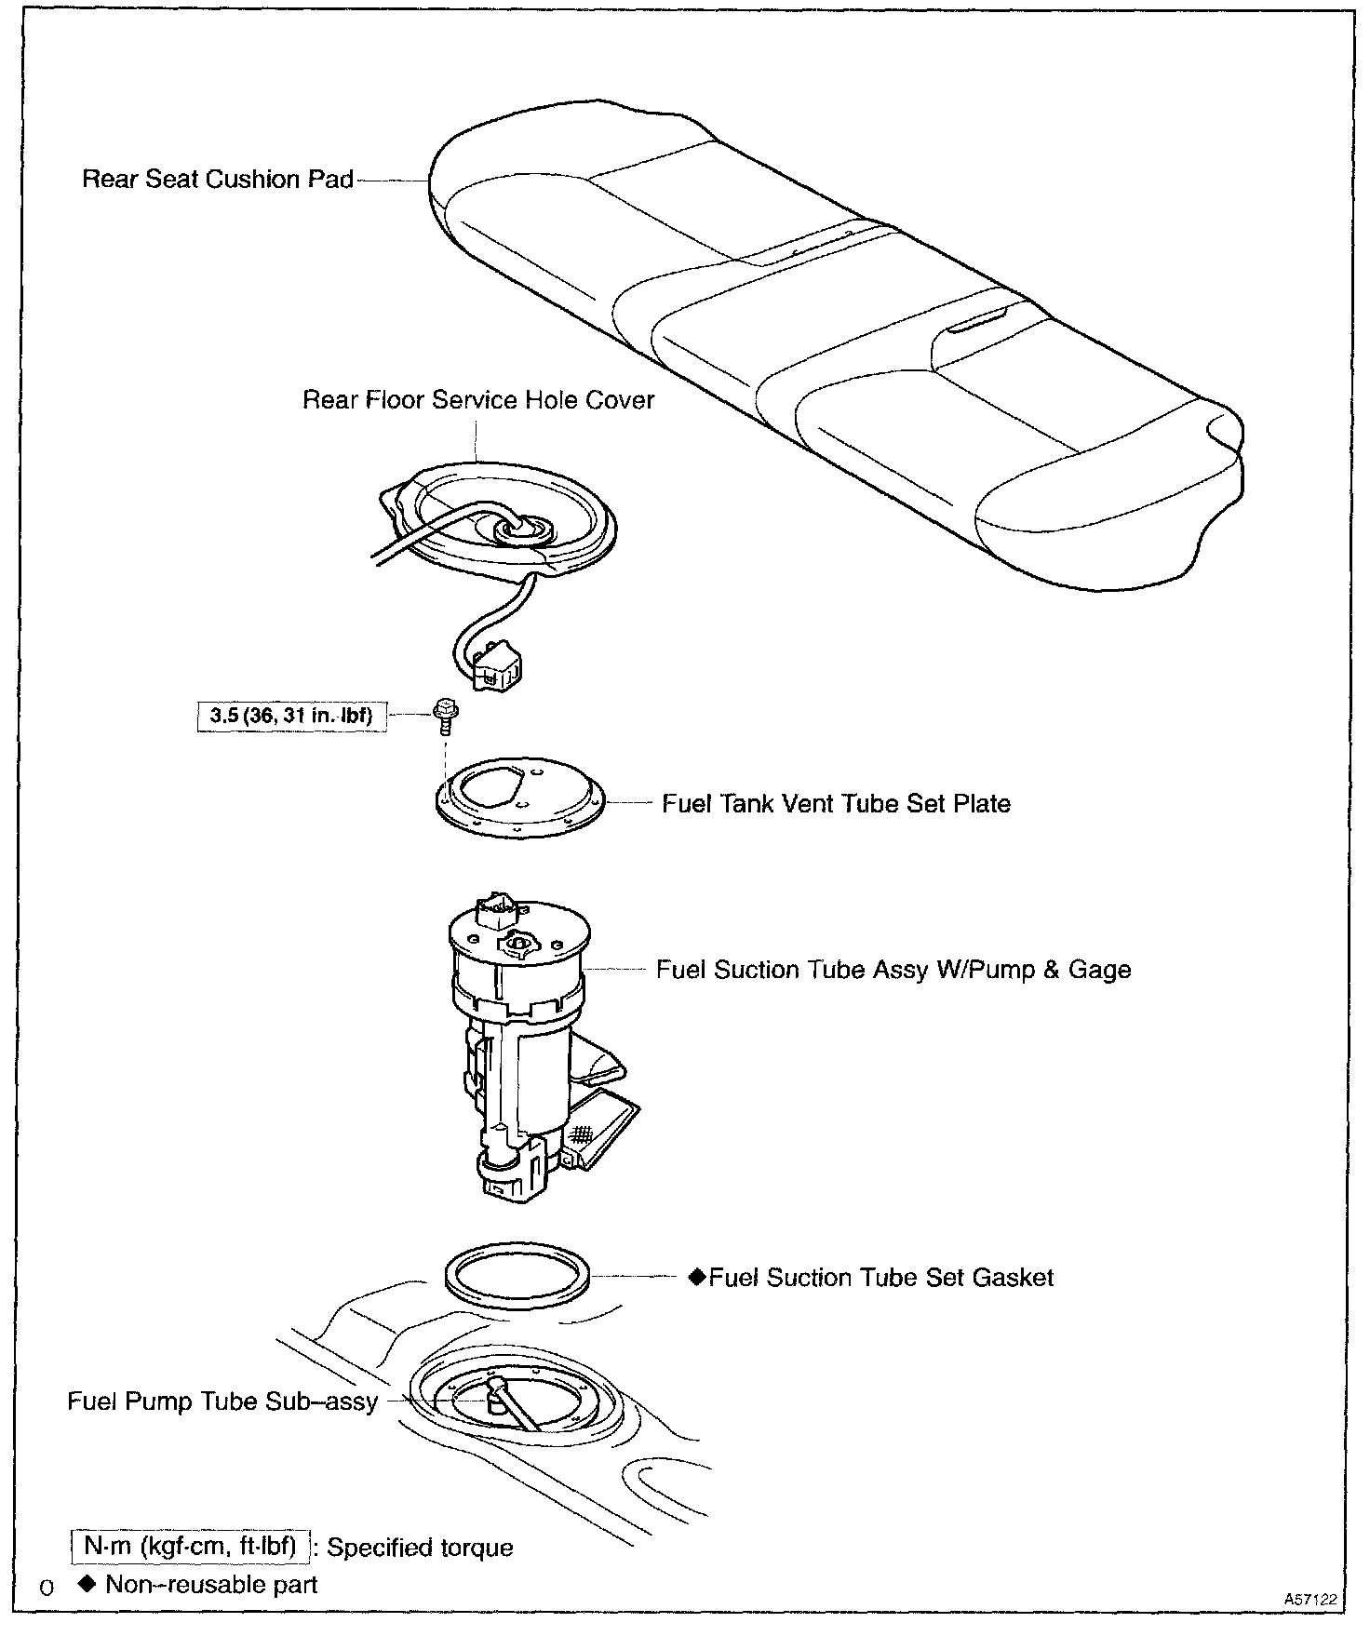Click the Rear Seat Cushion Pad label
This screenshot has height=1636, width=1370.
click(218, 180)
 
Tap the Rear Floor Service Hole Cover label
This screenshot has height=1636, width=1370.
click(478, 400)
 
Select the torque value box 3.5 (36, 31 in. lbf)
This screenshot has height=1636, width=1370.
click(291, 716)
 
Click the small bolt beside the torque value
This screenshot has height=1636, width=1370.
click(443, 715)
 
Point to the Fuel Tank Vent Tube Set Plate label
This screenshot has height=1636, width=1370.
click(836, 804)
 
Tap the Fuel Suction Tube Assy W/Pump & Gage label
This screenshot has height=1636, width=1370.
click(893, 970)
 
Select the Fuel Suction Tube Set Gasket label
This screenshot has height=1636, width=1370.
click(880, 1278)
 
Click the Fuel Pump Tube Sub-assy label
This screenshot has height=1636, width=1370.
click(222, 1401)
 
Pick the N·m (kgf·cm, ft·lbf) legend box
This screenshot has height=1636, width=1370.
click(190, 1547)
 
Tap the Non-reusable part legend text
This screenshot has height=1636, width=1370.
click(211, 1585)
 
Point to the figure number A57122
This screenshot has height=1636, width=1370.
click(1310, 1600)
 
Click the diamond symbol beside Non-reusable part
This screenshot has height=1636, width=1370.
click(88, 1584)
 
